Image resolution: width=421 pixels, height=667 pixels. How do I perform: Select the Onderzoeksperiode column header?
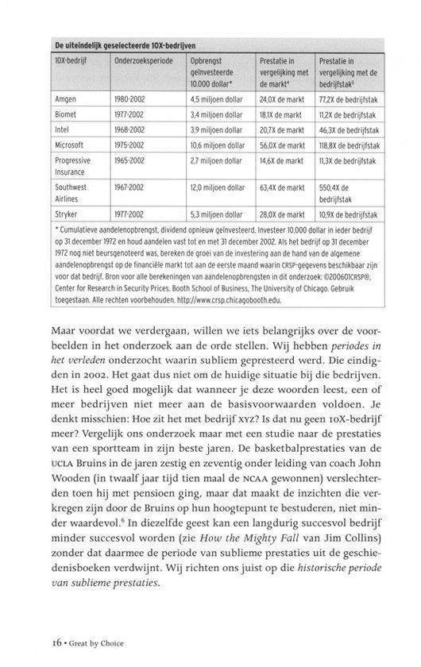pos(142,60)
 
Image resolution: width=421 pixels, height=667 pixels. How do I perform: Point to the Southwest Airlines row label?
pos(72,193)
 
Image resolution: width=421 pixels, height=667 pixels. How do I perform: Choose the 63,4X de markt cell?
pos(281,188)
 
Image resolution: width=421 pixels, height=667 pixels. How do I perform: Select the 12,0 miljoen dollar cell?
pos(217,188)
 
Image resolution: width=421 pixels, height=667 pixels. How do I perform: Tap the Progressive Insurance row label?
pos(74,167)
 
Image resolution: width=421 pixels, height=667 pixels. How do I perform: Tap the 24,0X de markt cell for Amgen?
pos(281,100)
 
